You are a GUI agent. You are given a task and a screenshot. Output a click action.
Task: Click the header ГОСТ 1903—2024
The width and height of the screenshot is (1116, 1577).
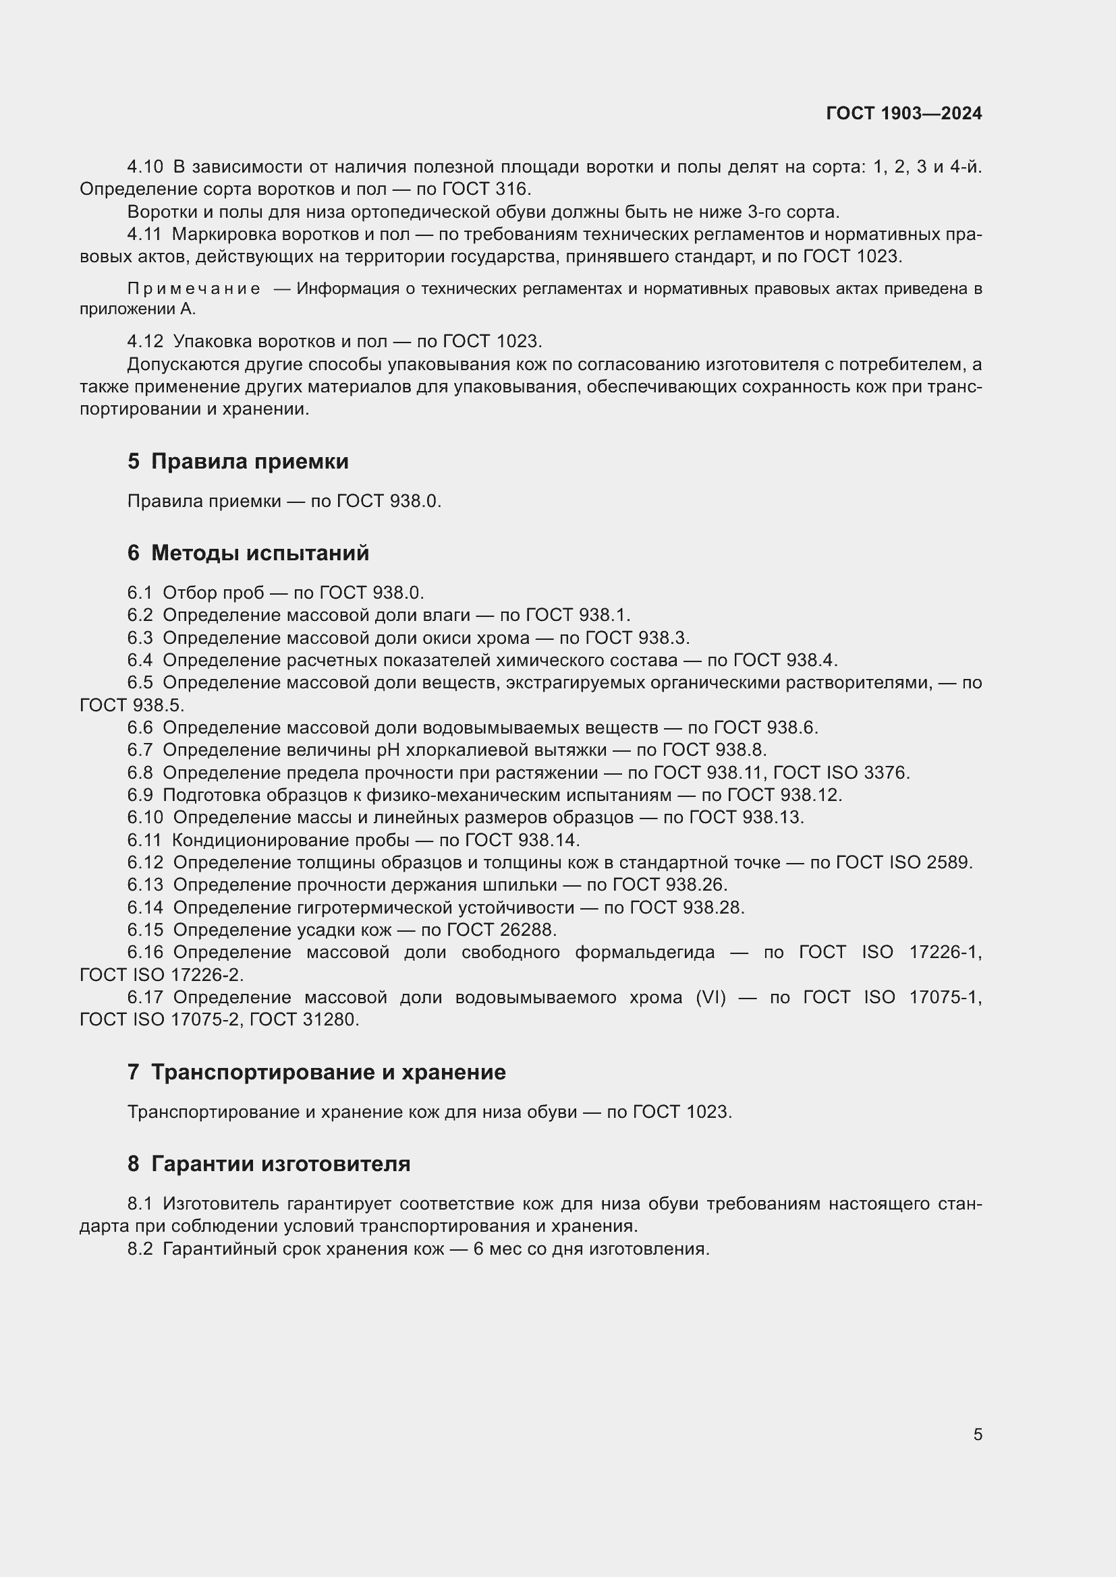[903, 113]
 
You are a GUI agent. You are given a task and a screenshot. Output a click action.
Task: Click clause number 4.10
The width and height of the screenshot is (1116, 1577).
[145, 167]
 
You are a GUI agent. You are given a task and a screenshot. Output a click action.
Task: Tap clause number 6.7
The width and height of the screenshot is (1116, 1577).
[140, 749]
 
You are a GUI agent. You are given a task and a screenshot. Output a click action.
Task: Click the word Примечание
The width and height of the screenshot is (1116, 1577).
[194, 289]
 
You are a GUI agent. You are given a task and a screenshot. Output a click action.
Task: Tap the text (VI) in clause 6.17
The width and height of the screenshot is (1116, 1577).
[710, 997]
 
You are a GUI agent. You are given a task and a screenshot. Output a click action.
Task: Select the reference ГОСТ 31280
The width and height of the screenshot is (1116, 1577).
[304, 1020]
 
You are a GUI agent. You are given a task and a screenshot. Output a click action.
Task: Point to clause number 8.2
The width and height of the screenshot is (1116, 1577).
[140, 1249]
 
